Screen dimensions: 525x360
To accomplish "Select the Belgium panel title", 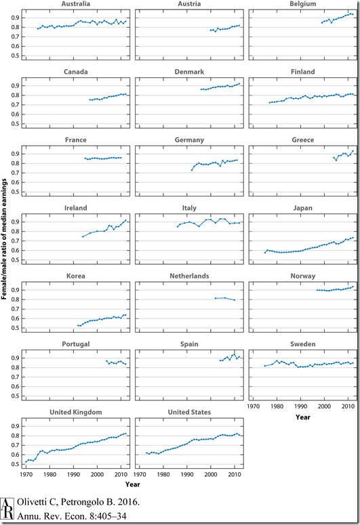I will pos(304,4).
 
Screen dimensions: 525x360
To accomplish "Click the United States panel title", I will pos(189,430).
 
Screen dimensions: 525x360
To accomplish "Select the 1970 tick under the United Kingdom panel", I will pos(26,475).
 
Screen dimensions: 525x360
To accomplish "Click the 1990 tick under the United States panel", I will pos(187,475).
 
